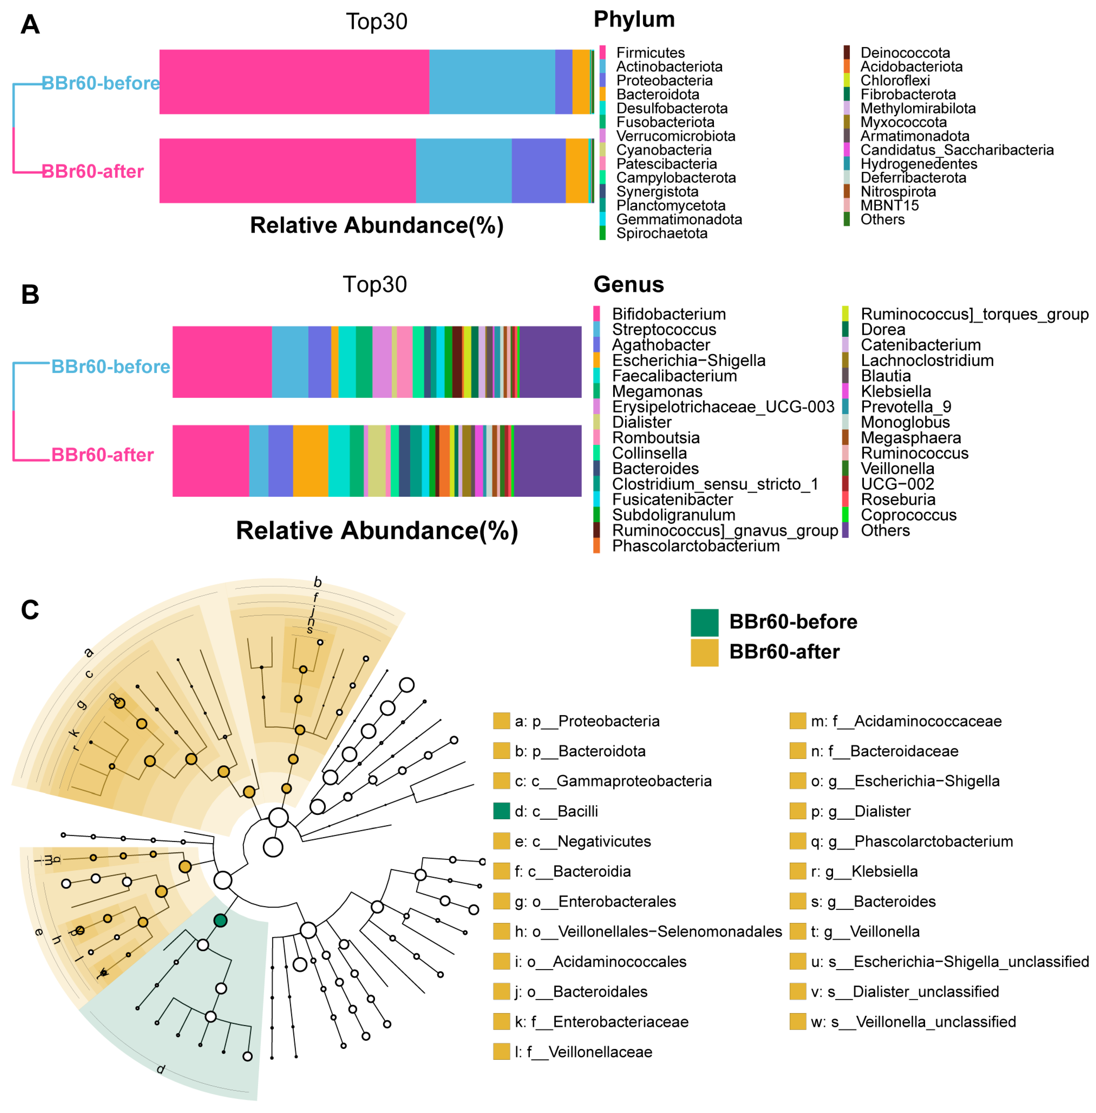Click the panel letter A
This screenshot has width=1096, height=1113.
click(30, 25)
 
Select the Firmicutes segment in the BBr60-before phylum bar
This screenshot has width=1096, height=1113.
click(294, 82)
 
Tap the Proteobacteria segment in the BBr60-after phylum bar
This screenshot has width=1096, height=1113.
click(538, 170)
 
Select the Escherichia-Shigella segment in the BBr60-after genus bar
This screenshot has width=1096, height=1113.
click(310, 461)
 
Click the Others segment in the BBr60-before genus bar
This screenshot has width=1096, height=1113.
click(550, 362)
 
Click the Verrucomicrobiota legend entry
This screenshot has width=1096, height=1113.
click(675, 136)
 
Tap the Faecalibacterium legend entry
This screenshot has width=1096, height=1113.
click(674, 376)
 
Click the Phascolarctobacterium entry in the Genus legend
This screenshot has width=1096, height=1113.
click(695, 546)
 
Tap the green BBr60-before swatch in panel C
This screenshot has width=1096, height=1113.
click(704, 622)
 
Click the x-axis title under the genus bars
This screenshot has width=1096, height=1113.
click(377, 530)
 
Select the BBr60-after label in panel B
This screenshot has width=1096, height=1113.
click(102, 455)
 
